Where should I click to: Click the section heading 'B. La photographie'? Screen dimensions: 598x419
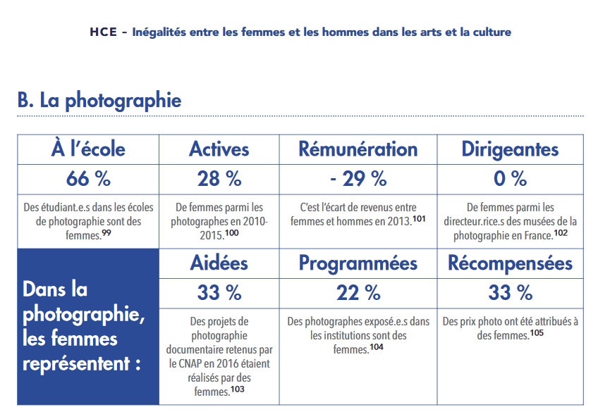(99, 100)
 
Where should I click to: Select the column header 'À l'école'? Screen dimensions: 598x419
(88, 149)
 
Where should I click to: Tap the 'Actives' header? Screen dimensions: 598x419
(219, 149)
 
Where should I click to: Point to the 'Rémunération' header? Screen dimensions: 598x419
(358, 149)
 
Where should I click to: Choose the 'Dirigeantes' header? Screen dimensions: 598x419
(510, 149)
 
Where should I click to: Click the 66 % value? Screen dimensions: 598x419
(88, 179)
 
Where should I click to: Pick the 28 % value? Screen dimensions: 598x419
(219, 179)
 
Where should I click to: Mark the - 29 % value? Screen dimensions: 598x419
(358, 179)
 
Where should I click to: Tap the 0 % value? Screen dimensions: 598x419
(510, 179)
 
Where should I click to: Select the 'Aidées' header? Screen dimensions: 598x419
(219, 263)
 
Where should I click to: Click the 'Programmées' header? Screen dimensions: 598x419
(358, 263)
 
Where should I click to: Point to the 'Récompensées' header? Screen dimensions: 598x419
(510, 263)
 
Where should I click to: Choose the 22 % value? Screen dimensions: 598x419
(358, 292)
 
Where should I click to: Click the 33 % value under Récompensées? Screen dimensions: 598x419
(510, 292)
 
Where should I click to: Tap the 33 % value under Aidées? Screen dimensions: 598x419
(219, 292)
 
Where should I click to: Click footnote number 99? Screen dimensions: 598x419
(106, 232)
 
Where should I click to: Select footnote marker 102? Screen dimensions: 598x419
(561, 232)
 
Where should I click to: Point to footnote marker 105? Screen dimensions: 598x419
(537, 332)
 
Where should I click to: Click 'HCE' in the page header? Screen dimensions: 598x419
(104, 32)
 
